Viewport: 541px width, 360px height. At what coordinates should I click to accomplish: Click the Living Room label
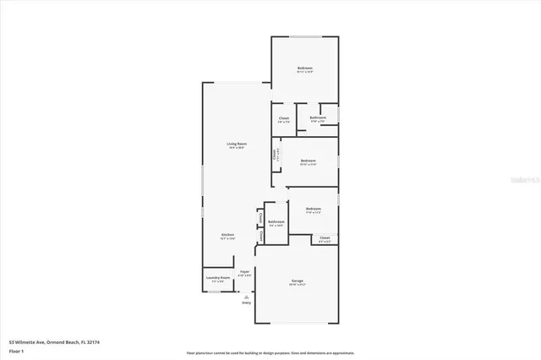[236, 144]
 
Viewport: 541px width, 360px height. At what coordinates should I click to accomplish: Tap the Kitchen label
[227, 234]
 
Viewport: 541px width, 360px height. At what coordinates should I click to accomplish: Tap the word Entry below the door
[246, 302]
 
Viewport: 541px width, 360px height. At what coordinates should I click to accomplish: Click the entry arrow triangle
[246, 296]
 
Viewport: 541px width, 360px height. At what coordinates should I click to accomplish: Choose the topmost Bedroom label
[304, 68]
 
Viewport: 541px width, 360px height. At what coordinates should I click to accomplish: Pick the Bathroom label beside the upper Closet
[318, 117]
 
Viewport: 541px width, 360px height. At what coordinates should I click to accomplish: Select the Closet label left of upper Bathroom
[284, 117]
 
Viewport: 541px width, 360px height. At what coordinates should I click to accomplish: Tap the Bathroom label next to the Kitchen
[276, 221]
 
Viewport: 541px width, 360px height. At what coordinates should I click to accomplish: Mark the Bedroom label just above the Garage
[314, 208]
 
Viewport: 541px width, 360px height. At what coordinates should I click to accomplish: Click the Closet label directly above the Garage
[325, 237]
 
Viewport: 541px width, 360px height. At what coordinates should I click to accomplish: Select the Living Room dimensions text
[236, 148]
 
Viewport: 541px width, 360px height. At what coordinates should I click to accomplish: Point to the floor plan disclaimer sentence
[270, 352]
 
